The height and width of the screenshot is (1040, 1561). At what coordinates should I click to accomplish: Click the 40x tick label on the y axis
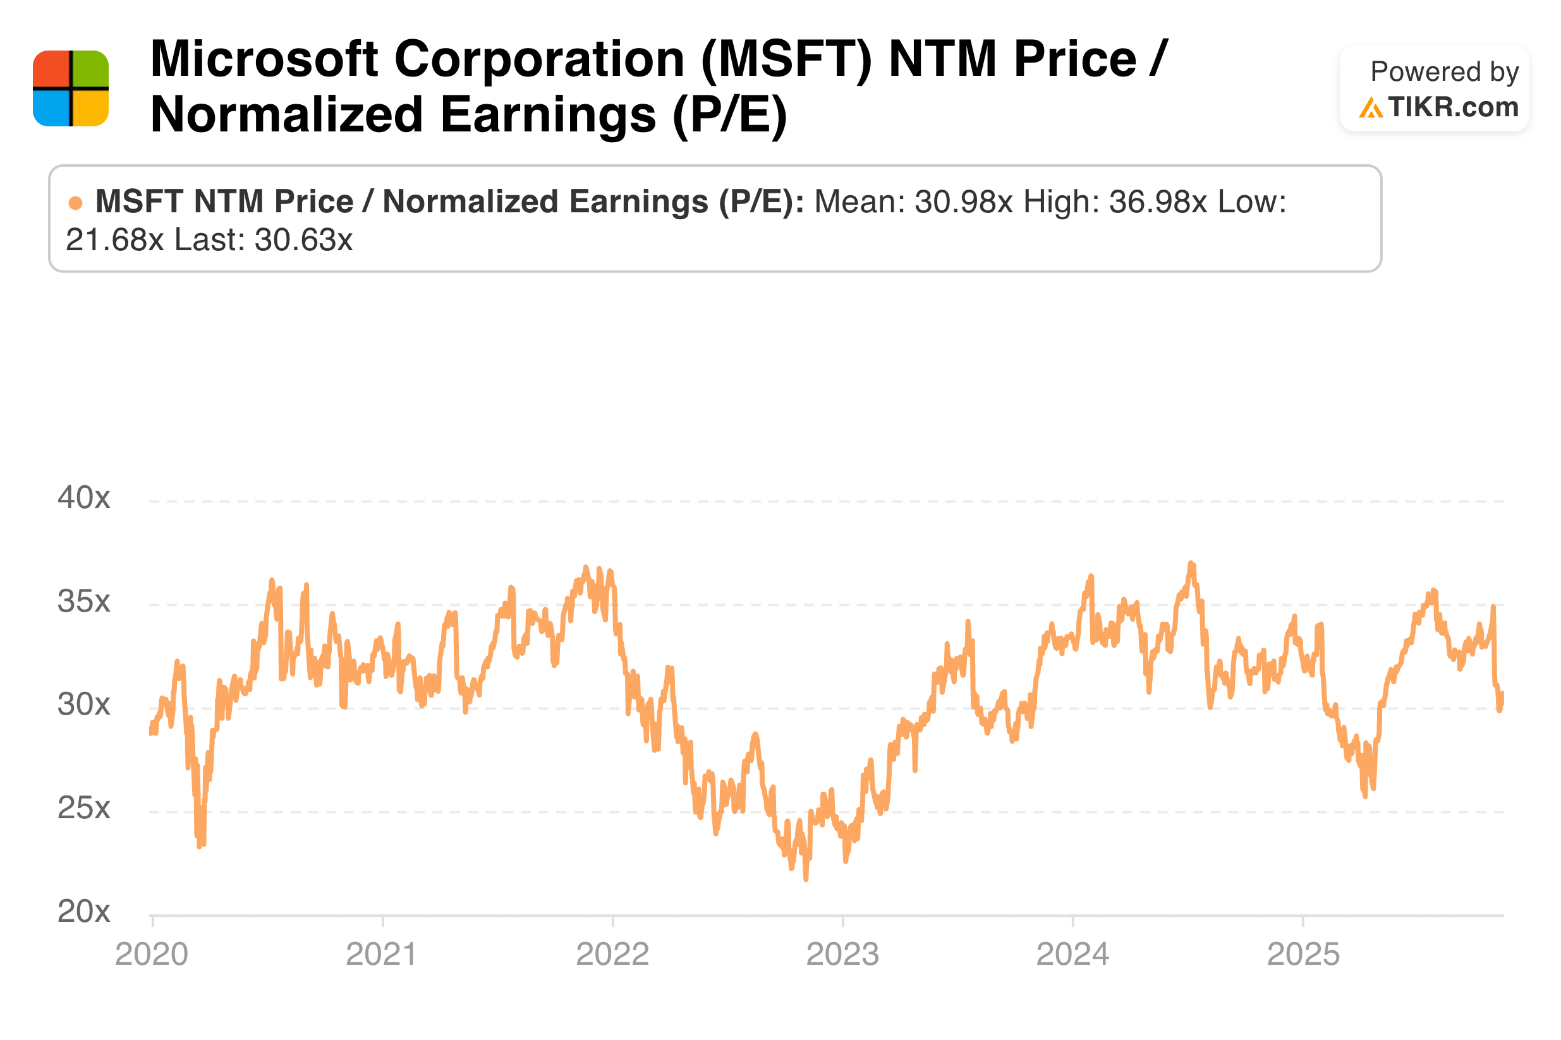click(x=83, y=497)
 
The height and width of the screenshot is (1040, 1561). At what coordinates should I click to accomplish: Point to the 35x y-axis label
click(x=83, y=601)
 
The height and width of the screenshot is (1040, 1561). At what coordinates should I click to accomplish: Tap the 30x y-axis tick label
click(x=83, y=704)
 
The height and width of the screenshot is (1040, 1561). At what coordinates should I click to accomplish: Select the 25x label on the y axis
click(x=83, y=807)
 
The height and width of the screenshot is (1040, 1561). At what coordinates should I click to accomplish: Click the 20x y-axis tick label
click(x=83, y=910)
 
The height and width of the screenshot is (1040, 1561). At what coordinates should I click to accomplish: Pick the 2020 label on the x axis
click(x=151, y=954)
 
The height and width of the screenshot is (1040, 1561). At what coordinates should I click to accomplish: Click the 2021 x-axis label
click(x=382, y=954)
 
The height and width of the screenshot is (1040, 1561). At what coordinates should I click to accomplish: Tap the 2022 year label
click(x=612, y=954)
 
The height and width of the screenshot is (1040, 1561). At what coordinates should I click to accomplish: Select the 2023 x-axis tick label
click(x=842, y=954)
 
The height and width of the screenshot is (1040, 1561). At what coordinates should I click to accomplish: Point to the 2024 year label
click(x=1072, y=954)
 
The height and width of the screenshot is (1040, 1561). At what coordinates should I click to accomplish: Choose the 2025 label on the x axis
click(x=1303, y=954)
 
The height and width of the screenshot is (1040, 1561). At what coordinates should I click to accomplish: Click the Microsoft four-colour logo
click(x=70, y=88)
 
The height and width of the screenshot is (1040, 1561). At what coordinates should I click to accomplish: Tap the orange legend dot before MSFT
click(x=76, y=203)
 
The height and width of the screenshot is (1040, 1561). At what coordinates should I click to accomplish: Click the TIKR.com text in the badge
click(x=1452, y=107)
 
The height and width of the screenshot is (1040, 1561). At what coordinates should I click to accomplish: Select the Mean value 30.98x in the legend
click(x=963, y=202)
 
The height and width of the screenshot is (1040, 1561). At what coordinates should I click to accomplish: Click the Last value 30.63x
click(x=303, y=240)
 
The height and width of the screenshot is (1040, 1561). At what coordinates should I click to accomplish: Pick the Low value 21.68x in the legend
click(x=114, y=240)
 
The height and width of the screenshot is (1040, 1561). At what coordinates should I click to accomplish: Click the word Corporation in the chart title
click(x=539, y=59)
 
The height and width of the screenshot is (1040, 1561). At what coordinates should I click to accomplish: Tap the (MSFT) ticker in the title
click(x=786, y=59)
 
